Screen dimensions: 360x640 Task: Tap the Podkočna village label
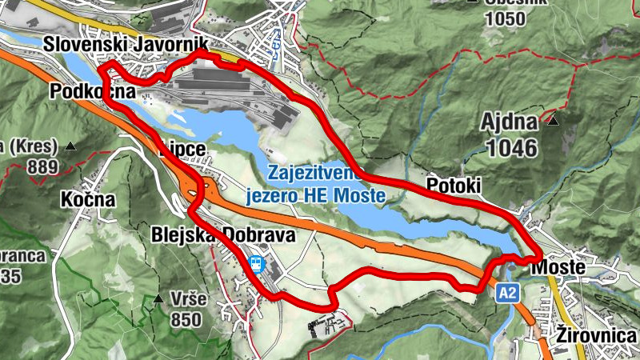(89, 91)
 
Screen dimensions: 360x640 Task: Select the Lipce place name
(182, 150)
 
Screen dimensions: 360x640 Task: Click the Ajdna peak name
(510, 122)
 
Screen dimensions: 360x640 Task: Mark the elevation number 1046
(512, 146)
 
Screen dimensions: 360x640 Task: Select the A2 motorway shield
(507, 293)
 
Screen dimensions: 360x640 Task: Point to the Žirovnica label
(597, 335)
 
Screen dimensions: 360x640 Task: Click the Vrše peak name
(189, 299)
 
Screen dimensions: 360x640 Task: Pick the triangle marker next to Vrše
(158, 300)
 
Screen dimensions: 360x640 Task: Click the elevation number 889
(42, 167)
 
